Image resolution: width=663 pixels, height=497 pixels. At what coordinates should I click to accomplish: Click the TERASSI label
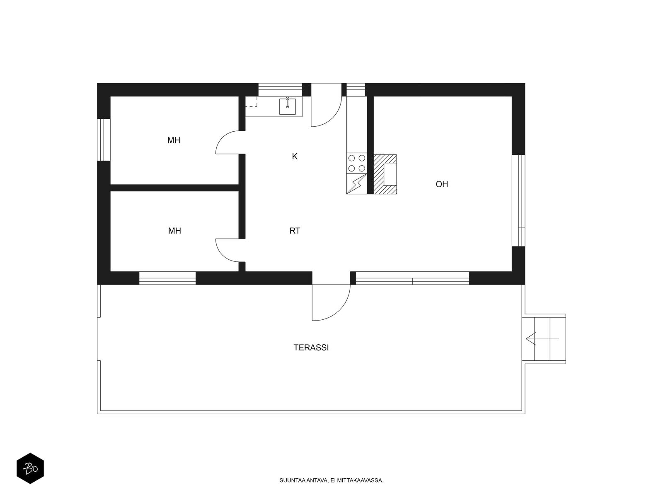[x=311, y=347]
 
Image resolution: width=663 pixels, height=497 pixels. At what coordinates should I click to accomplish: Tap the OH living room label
[x=442, y=184]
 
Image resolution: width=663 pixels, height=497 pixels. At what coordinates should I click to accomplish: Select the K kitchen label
[x=295, y=156]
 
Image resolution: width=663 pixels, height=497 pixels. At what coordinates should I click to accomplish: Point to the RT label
[x=295, y=231]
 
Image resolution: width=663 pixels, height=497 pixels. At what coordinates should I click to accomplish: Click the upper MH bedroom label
[x=174, y=140]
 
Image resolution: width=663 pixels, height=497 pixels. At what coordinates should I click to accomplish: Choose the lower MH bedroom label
[x=174, y=231]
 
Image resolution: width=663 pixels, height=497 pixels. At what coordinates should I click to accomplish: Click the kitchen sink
[x=287, y=106]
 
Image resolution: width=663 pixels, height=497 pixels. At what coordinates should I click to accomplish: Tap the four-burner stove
[x=356, y=163]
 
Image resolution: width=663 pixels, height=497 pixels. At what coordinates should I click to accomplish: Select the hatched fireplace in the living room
[x=385, y=174]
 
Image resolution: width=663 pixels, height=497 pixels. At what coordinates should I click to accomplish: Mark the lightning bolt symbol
[x=357, y=184]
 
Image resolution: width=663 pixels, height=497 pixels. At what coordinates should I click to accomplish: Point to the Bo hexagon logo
[x=30, y=468]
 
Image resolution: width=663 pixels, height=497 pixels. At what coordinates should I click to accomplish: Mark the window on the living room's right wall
[x=518, y=200]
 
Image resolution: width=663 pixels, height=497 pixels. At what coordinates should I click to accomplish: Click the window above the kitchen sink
[x=280, y=89]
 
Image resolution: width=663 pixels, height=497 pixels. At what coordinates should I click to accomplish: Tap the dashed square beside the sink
[x=251, y=102]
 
